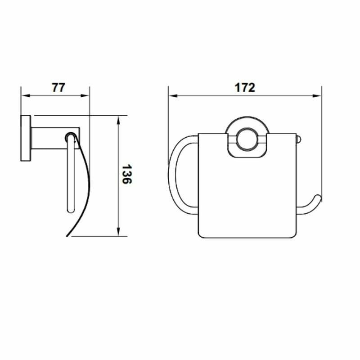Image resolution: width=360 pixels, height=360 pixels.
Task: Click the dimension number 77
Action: coord(58,87)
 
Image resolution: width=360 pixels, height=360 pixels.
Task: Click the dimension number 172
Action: coord(245,87)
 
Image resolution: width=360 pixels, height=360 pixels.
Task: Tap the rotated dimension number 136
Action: coord(126,174)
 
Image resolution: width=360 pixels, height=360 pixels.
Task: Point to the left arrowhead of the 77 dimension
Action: coord(26,95)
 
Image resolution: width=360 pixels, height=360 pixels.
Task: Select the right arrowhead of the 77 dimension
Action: coord(85,95)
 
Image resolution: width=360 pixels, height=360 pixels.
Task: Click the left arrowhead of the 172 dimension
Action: coord(173,95)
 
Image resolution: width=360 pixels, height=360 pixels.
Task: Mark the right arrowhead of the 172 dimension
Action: coord(317,96)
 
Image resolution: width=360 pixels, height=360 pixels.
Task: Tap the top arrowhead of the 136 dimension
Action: coord(118,120)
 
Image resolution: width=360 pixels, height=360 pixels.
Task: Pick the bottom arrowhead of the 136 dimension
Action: coord(118,232)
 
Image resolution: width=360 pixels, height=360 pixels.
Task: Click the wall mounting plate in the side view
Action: coord(26,138)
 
